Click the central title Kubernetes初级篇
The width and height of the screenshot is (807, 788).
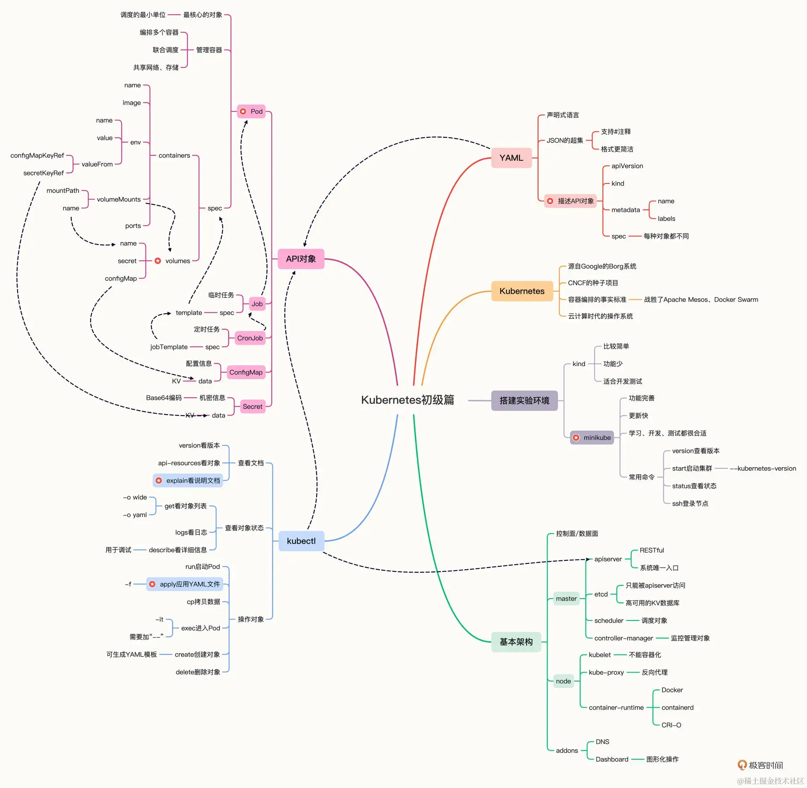pos(407,400)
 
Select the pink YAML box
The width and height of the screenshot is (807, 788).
pos(511,158)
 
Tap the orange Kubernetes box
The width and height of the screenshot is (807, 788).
pos(522,291)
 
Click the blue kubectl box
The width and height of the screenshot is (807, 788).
pos(301,541)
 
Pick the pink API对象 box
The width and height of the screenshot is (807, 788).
pos(301,259)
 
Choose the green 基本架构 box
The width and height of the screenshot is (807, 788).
pos(516,641)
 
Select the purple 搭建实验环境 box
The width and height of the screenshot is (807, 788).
pos(524,401)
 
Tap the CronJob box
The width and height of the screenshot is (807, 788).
pos(250,338)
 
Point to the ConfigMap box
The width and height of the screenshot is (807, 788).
pos(246,372)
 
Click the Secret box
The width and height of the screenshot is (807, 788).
pos(252,406)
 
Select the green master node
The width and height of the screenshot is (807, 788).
pos(566,599)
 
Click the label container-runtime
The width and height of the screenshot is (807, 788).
pos(616,707)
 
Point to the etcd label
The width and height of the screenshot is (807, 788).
pos(601,594)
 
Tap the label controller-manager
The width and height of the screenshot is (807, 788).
pos(623,638)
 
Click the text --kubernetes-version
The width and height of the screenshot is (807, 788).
pos(763,469)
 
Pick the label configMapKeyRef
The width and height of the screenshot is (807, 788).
pos(37,155)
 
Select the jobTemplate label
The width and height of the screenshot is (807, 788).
pos(169,347)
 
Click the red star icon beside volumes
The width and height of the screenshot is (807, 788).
pos(158,261)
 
